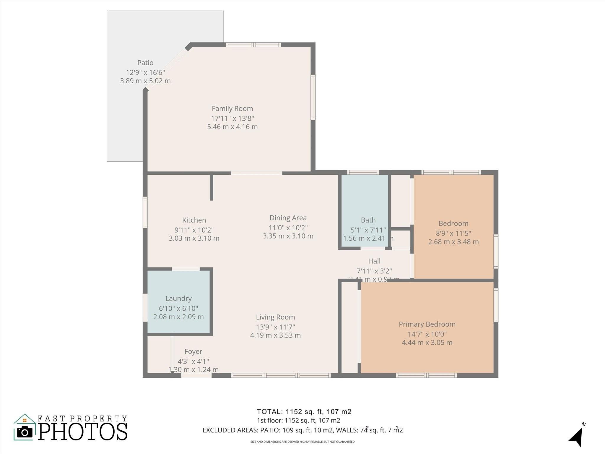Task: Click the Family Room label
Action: [232, 108]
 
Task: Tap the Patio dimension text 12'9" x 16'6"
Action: [145, 72]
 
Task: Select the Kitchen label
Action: [194, 220]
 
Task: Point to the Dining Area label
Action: [288, 218]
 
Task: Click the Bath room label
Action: [368, 220]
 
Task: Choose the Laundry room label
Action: [178, 299]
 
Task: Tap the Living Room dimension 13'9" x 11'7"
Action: [275, 327]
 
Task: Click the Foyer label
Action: [193, 351]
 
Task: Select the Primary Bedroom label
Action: [427, 324]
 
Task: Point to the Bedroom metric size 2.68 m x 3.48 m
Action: [453, 242]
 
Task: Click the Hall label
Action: [374, 261]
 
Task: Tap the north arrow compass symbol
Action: [576, 437]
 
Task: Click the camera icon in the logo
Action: [25, 432]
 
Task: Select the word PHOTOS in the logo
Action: [83, 432]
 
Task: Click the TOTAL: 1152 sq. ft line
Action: [304, 411]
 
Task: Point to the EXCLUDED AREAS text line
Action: [302, 430]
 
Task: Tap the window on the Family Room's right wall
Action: [313, 97]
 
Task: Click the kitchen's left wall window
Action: [145, 212]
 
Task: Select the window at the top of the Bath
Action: [363, 172]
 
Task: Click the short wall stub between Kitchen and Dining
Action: [211, 187]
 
